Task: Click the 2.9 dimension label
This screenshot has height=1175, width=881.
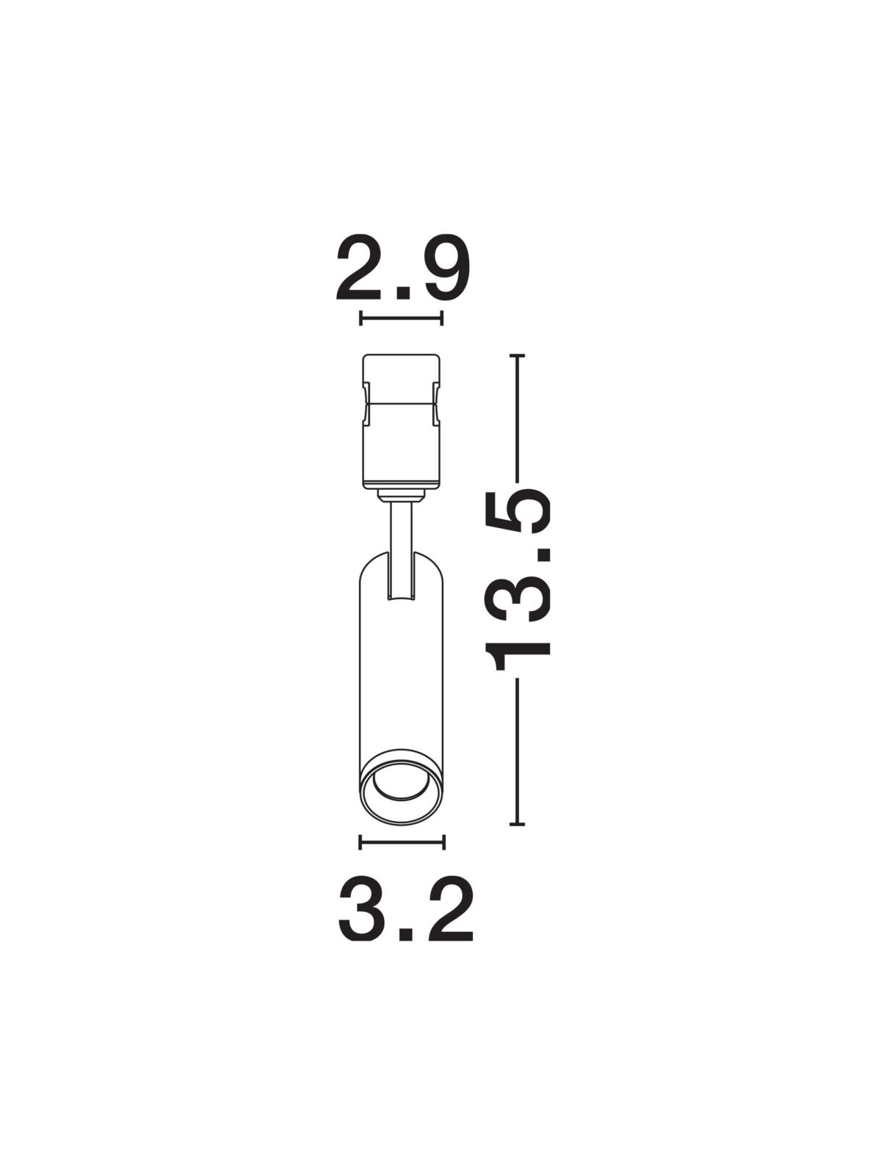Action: tap(402, 267)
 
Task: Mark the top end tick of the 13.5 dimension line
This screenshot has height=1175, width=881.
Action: tap(517, 355)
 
